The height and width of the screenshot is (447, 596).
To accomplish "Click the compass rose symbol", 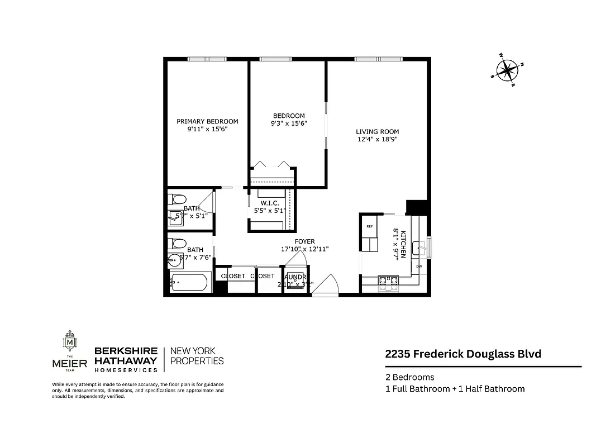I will (507, 70).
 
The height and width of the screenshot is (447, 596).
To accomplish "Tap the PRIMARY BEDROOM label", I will (207, 121).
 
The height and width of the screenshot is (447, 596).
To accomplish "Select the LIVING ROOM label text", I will (378, 132).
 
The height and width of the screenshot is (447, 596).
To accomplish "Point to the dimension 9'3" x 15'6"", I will (288, 123).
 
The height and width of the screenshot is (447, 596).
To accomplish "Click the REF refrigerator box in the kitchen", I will (370, 227).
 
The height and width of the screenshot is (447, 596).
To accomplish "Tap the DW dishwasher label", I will (418, 267).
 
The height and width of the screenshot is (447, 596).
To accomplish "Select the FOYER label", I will (305, 241).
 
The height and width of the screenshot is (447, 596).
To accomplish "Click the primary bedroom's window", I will (207, 59).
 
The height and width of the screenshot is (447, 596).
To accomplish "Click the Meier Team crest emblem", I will (70, 341).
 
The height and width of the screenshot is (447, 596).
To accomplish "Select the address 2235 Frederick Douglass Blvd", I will (463, 354).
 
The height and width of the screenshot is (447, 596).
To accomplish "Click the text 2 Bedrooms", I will (409, 377).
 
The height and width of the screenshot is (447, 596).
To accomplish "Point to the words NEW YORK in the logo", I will (192, 351).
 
